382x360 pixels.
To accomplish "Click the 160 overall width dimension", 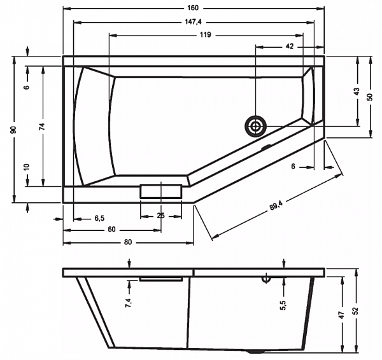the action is point(193,8).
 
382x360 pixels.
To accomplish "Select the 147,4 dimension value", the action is point(193,22).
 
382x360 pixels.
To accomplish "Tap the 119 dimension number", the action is point(206,35).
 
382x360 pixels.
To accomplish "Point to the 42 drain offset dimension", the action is point(289,46).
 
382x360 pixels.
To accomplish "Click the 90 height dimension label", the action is point(13,130).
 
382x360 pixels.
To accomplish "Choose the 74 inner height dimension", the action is point(43,127).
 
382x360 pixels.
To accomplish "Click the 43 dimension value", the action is point(356,92).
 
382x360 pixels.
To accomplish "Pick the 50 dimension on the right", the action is point(369,97).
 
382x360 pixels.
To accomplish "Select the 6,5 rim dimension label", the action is point(99,218).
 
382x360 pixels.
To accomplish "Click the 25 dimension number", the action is point(161,216).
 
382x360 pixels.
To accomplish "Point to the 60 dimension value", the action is point(111,229).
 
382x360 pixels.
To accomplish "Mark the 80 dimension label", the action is point(128,242).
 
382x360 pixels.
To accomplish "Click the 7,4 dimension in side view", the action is point(129,303).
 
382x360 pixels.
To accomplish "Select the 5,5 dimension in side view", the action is point(283,305).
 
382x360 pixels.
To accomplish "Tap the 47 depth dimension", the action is point(341,315).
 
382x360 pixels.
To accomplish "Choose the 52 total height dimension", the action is point(356,310).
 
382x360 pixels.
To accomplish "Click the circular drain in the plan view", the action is point(255,127).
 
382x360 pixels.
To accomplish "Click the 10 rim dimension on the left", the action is point(27,167).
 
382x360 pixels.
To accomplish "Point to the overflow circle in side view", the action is point(266,279).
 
